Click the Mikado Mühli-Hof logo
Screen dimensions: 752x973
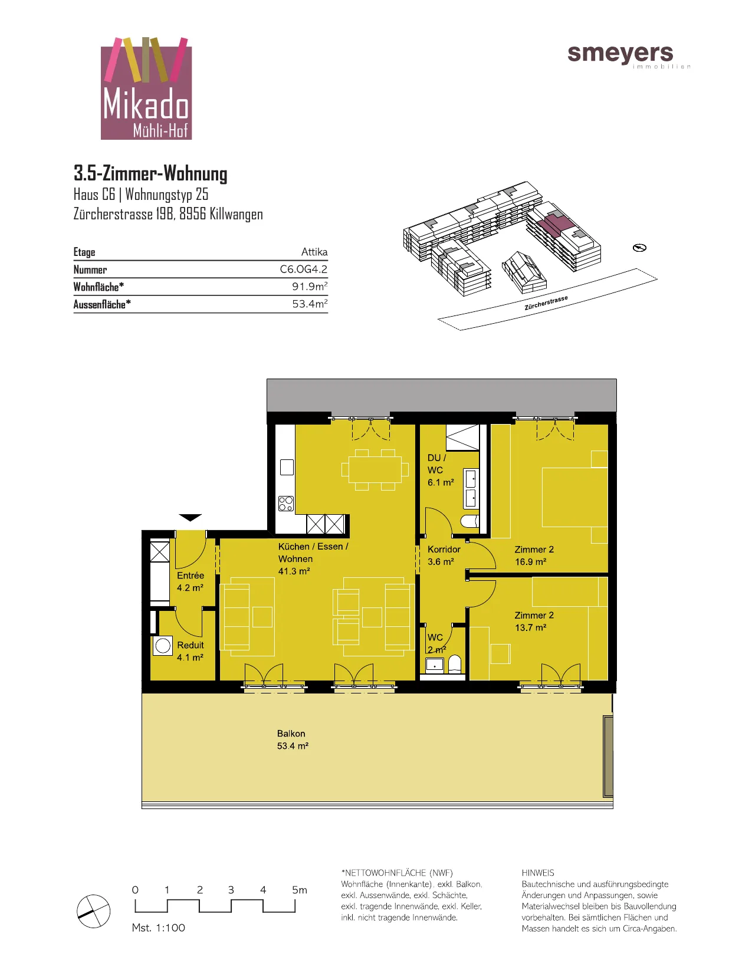point(146,88)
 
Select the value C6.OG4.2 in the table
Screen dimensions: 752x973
point(303,269)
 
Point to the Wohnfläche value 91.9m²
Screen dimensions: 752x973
point(310,286)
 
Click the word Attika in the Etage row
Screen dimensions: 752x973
point(314,252)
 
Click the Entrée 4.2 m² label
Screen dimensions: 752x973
point(190,581)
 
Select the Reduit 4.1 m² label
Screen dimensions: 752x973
point(190,651)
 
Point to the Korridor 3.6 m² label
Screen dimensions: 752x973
point(444,555)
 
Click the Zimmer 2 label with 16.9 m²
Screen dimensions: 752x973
point(534,555)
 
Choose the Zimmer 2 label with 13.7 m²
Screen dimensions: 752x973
point(534,621)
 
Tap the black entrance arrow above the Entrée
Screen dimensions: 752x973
point(191,518)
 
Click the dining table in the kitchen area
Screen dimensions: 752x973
point(375,470)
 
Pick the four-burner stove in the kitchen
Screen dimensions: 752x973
point(285,503)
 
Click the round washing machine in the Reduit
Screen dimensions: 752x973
point(163,646)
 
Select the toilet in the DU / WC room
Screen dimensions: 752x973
point(470,521)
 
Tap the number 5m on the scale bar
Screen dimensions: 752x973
point(299,890)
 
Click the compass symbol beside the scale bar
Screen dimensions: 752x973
point(94,911)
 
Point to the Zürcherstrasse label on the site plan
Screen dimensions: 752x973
point(546,303)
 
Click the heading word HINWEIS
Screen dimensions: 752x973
point(537,873)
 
